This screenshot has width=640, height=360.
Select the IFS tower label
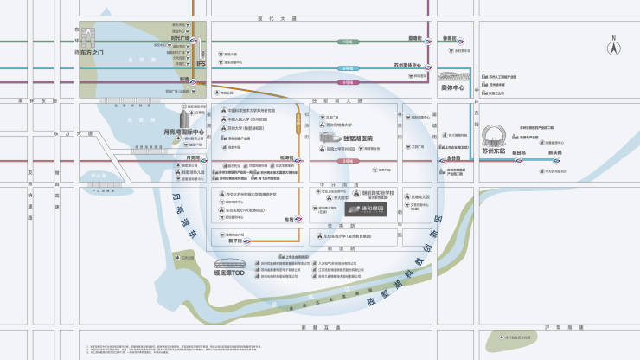[176, 63]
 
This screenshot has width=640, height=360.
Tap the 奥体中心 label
[453, 87]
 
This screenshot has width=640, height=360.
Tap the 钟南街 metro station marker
[464, 39]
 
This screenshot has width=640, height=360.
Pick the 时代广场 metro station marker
[197, 40]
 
